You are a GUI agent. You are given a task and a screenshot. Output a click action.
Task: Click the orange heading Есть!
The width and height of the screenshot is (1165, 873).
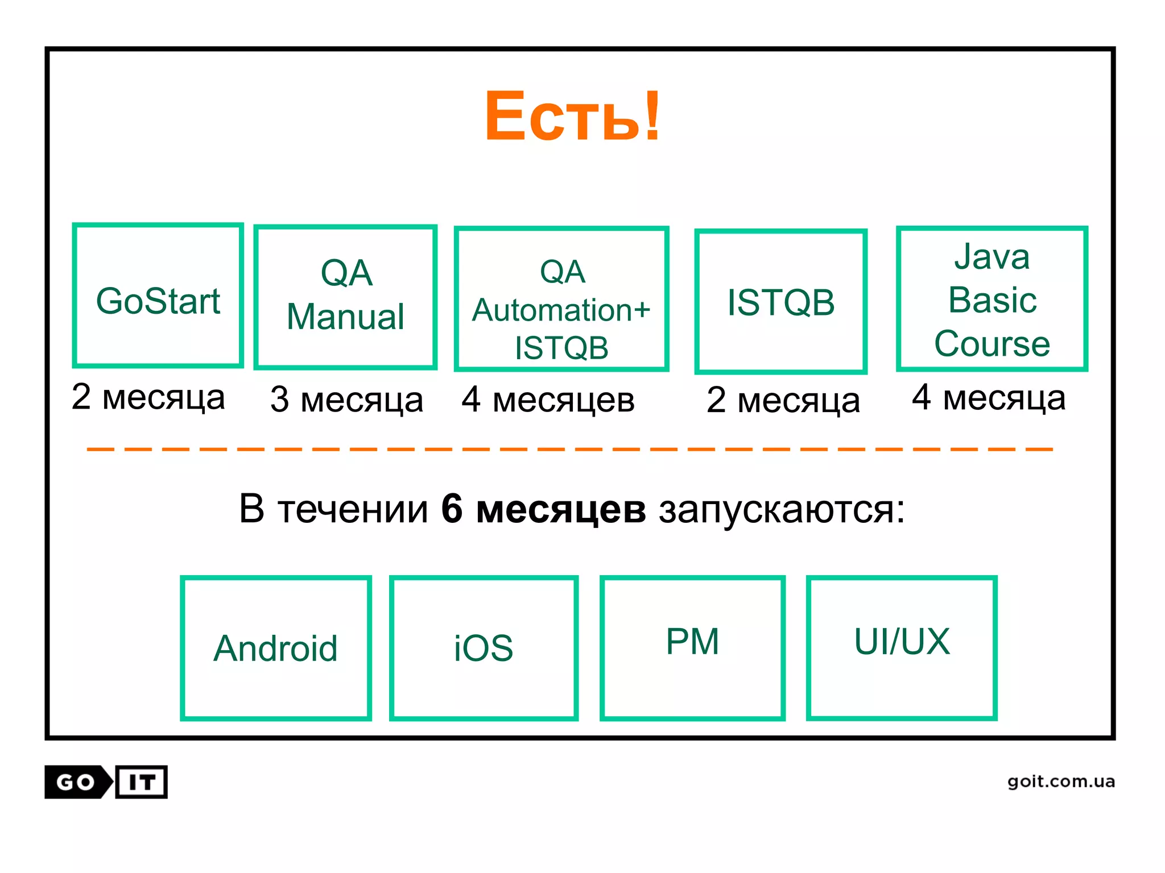pyautogui.click(x=572, y=116)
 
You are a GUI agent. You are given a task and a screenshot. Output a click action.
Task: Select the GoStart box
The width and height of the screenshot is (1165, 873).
pyautogui.click(x=158, y=296)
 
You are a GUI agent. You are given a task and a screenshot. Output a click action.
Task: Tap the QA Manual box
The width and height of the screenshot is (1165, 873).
pyautogui.click(x=345, y=297)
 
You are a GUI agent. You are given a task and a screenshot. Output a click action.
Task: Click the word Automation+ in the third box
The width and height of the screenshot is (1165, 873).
pyautogui.click(x=561, y=310)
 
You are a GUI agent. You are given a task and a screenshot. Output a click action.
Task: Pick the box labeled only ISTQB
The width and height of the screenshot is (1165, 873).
pyautogui.click(x=780, y=301)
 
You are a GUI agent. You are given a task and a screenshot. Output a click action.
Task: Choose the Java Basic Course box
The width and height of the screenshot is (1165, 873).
pyautogui.click(x=992, y=299)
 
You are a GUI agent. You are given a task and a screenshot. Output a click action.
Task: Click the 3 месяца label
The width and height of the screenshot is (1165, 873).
pyautogui.click(x=346, y=400)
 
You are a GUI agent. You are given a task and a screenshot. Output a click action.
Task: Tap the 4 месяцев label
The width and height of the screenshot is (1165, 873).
pyautogui.click(x=548, y=400)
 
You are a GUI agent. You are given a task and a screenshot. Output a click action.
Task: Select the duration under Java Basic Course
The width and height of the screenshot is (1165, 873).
pyautogui.click(x=989, y=397)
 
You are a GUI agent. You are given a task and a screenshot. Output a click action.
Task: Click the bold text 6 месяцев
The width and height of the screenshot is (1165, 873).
pyautogui.click(x=543, y=508)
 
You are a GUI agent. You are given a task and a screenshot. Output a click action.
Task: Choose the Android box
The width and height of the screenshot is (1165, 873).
pyautogui.click(x=276, y=648)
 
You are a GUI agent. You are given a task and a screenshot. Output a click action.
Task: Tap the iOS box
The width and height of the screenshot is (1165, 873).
pyautogui.click(x=484, y=648)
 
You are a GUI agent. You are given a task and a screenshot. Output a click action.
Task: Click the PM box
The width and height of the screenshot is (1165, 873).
pyautogui.click(x=692, y=648)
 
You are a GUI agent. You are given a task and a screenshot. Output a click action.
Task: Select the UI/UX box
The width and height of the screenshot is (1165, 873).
pyautogui.click(x=902, y=648)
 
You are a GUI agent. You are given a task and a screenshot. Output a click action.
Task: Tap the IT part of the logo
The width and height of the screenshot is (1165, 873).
pyautogui.click(x=142, y=782)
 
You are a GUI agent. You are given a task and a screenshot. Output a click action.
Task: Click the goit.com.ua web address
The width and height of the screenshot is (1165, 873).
pyautogui.click(x=1061, y=781)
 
